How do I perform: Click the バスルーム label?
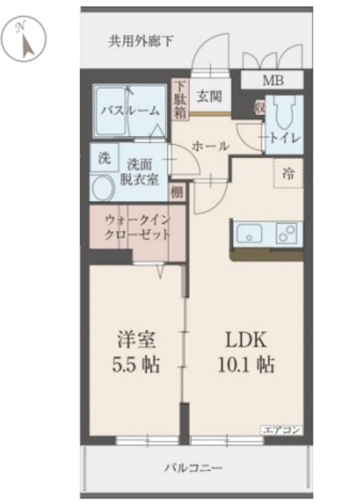coord(130,111)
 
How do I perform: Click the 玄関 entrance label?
coord(209,96)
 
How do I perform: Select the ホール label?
coord(210,146)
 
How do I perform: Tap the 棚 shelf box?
coord(177,191)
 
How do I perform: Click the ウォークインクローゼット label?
coord(138,228)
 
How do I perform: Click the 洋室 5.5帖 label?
coord(137,352)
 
